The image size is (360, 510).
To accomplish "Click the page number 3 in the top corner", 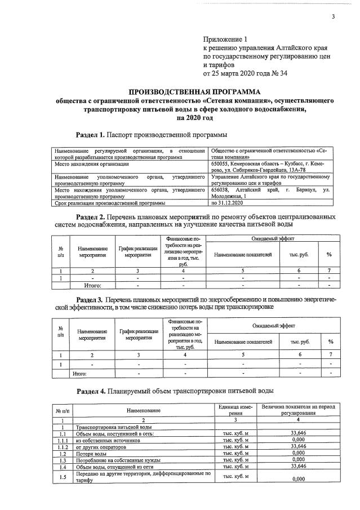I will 333,16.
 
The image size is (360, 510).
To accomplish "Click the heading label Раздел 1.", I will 90,135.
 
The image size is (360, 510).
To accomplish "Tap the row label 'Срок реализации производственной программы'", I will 108,203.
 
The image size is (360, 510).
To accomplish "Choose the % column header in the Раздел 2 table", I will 329,254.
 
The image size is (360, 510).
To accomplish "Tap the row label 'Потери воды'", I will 91,453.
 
